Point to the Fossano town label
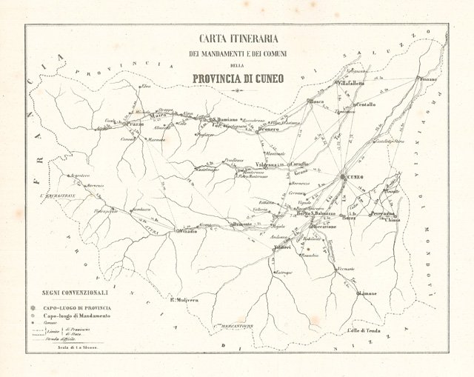(428, 79)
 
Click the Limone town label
(368, 294)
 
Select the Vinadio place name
(189, 232)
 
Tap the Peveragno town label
(383, 214)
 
